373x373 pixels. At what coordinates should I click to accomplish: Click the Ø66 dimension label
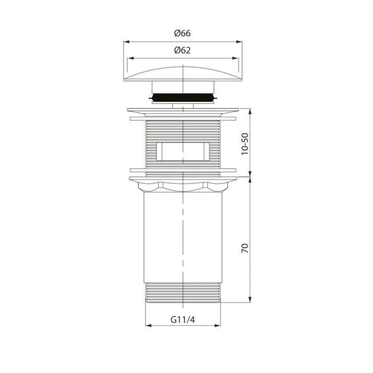(x=182, y=33)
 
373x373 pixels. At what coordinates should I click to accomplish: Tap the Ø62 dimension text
(x=182, y=50)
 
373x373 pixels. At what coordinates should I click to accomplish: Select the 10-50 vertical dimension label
(x=245, y=144)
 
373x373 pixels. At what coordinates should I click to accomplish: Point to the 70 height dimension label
(x=245, y=248)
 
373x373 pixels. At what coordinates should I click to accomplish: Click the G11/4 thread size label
(x=183, y=320)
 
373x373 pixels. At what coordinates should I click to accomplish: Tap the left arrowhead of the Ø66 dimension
(x=126, y=42)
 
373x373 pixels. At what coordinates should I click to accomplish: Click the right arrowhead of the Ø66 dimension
(x=239, y=42)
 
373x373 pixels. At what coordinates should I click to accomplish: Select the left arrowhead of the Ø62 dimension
(x=131, y=58)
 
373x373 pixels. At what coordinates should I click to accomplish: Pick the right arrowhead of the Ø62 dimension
(x=235, y=58)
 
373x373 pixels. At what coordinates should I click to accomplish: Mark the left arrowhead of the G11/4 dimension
(x=148, y=325)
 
